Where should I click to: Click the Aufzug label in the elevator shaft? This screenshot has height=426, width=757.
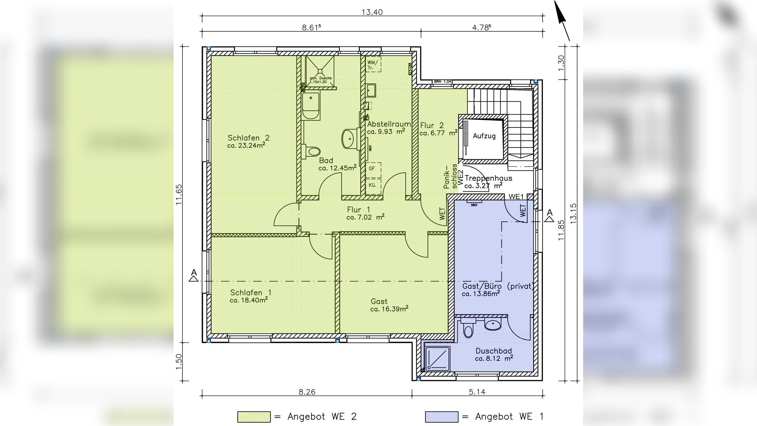(x=484, y=136)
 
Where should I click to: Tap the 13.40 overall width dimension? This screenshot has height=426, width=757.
(x=372, y=12)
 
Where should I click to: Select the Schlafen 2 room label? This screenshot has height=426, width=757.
(x=248, y=138)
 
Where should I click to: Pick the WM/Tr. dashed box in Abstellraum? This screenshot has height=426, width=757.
(x=373, y=64)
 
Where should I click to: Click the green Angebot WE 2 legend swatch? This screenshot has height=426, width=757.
(x=254, y=417)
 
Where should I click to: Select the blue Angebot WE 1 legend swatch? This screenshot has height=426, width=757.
(x=441, y=417)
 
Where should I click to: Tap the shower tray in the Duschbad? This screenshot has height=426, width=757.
(x=437, y=359)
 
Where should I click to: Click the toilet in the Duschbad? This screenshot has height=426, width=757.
(x=468, y=329)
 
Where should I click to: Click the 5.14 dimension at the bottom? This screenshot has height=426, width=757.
(x=477, y=392)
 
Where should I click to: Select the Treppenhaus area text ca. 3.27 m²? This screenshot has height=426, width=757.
(x=483, y=186)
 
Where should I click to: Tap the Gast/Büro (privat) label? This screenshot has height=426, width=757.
(x=498, y=286)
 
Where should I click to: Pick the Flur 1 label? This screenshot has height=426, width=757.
(x=358, y=210)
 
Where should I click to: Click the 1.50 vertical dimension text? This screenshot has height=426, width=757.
(x=179, y=362)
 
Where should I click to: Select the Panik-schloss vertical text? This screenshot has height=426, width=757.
(x=450, y=177)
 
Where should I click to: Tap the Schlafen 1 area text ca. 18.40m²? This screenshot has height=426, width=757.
(x=249, y=300)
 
